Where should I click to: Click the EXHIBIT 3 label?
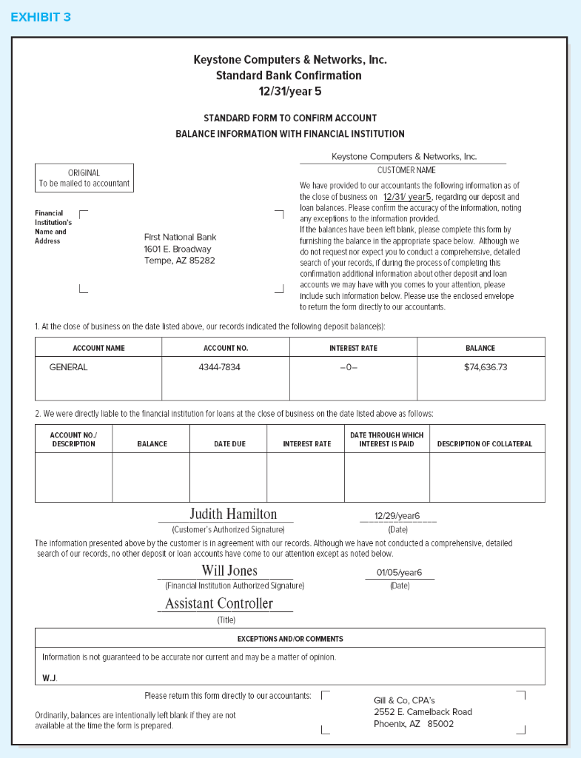coord(41,17)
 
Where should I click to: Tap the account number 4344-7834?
coord(219,367)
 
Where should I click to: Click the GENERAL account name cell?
coord(68,367)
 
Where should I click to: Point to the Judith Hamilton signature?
coord(233,514)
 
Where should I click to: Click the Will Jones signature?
coord(229,571)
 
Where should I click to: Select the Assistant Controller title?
coord(219,604)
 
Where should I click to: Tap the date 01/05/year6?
coord(398,572)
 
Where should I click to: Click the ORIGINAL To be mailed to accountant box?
coord(84,178)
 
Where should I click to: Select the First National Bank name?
coord(180,237)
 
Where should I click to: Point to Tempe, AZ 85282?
coord(179,261)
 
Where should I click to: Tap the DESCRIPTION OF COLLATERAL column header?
coord(485,444)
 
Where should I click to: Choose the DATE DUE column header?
coord(229,444)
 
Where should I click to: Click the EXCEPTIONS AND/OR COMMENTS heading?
coord(290,639)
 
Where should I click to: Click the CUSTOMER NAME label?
coord(402,170)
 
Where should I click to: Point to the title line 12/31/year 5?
coord(290,91)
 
